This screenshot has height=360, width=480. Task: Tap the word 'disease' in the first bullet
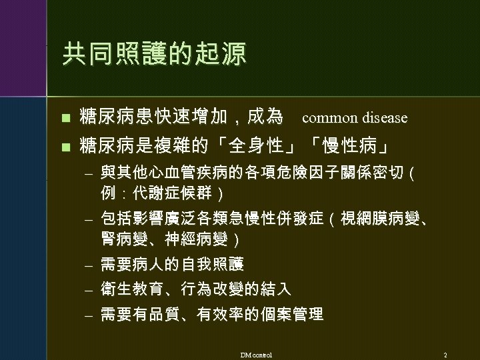point(385,118)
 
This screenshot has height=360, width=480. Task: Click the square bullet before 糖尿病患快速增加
point(65,119)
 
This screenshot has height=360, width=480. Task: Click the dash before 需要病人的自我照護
point(87,265)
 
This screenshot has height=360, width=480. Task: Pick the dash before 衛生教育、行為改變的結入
point(87,290)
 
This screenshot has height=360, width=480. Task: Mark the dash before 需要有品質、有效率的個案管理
point(87,315)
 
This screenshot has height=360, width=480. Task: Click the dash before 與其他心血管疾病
point(87,175)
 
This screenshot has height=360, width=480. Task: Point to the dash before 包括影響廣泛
point(87,219)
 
